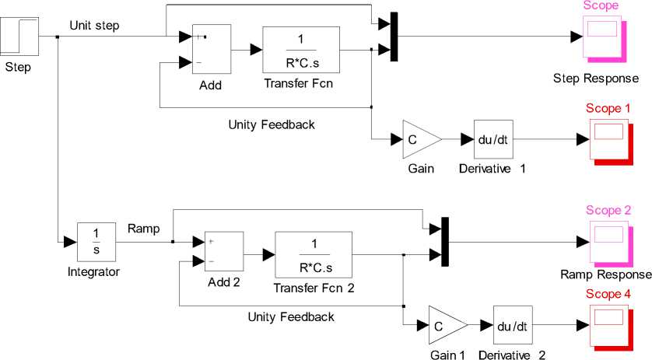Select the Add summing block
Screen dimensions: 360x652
coord(210,50)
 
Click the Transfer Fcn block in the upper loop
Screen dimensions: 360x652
coord(300,50)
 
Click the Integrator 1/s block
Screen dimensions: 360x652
coord(96,242)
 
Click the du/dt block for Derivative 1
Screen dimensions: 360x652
coord(492,139)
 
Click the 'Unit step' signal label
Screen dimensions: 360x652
coord(94,24)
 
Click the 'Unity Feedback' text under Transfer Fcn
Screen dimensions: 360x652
coord(272,124)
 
